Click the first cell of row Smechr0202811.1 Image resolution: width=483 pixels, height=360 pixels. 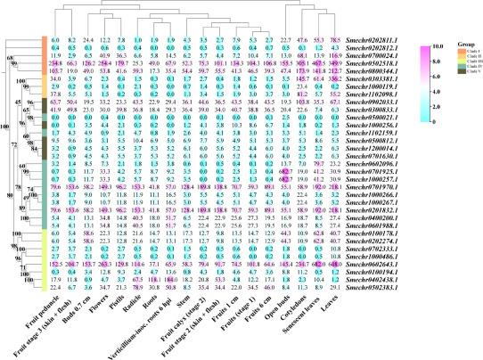tap(55, 41)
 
